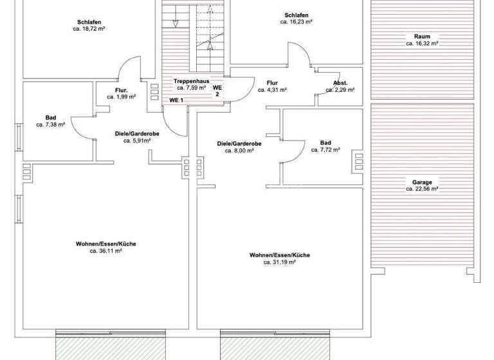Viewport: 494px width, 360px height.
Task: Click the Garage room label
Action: coord(422,182)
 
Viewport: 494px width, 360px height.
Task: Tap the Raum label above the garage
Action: coord(422,37)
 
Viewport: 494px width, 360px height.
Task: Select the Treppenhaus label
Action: coord(189,81)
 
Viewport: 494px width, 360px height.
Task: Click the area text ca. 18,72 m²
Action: coord(89,30)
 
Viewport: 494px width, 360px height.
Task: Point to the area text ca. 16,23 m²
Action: coord(296,22)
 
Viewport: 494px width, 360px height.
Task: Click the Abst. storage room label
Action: coord(340,83)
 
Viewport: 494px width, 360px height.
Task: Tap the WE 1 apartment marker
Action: coord(176,100)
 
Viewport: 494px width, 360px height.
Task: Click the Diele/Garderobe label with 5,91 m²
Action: coord(133,133)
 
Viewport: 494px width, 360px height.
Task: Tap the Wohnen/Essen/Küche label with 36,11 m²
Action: coord(105,244)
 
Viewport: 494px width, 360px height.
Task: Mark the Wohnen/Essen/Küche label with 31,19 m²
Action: coord(280,255)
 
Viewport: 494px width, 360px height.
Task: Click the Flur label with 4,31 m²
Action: coord(272,83)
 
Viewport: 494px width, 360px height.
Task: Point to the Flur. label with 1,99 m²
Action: coord(122,90)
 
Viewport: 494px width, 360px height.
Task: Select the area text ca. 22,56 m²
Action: coord(422,190)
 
